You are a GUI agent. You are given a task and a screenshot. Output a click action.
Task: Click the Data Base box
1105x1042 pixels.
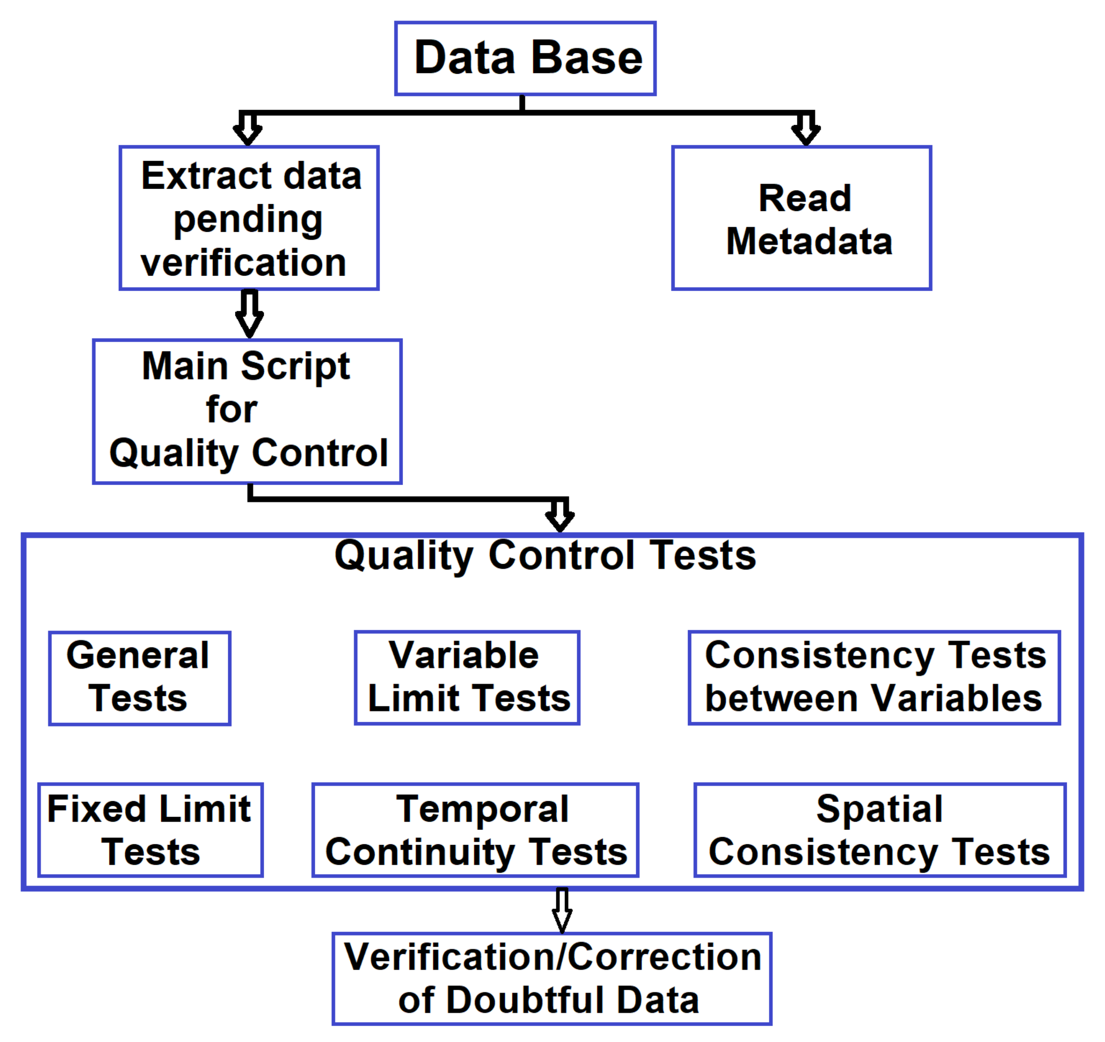tap(525, 58)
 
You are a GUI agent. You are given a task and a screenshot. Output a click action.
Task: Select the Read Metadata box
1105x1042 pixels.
tap(801, 218)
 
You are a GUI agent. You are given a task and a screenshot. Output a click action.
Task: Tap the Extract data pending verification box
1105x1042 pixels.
tap(249, 218)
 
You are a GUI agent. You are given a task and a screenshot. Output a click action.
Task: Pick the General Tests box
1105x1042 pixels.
tap(140, 678)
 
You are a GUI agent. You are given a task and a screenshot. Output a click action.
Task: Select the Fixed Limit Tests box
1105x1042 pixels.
tap(151, 830)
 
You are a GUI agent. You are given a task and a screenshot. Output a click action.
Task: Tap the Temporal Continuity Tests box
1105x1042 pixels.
tap(475, 830)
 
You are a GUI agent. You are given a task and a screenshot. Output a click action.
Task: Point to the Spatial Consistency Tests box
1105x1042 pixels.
tap(880, 830)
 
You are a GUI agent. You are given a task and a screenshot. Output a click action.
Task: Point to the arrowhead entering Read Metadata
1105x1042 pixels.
tap(805, 132)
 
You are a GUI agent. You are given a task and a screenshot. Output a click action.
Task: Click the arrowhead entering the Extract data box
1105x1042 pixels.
tap(247, 132)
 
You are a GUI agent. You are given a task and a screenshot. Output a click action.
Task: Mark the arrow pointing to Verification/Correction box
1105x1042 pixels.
tap(562, 911)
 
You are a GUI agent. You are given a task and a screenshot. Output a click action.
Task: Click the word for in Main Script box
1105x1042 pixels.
tap(231, 410)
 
